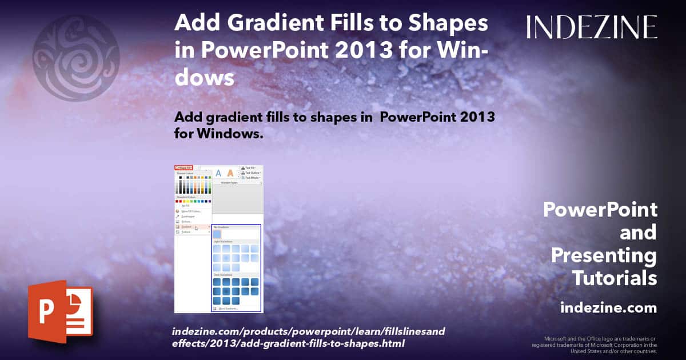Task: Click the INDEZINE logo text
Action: tap(592, 27)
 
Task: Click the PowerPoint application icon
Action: tap(59, 311)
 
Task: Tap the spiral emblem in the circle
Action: tap(75, 58)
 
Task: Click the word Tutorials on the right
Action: tap(615, 278)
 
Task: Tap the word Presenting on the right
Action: tap(604, 255)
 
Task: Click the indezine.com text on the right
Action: tap(608, 308)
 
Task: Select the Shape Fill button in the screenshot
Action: tap(184, 168)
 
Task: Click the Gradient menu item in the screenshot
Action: tap(187, 227)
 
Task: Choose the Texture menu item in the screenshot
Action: tap(186, 232)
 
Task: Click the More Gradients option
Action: tap(228, 309)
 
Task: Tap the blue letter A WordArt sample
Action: tap(218, 173)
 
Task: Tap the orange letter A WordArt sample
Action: tap(230, 173)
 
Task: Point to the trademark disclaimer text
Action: tap(594, 345)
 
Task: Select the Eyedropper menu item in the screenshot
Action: tap(188, 217)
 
